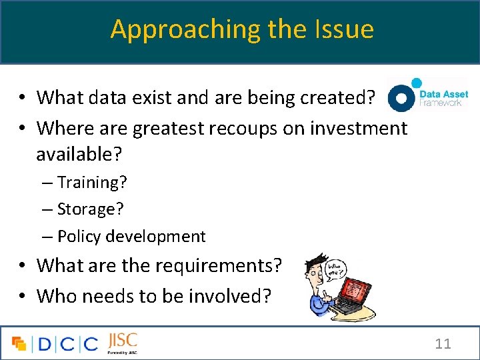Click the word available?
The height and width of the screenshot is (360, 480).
click(x=79, y=154)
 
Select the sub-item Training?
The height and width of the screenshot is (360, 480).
click(x=91, y=181)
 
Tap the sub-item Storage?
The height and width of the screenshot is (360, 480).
click(x=90, y=209)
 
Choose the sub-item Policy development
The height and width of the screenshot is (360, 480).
click(x=131, y=236)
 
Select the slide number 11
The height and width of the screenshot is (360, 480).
click(x=443, y=344)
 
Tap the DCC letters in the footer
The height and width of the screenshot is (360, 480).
click(x=67, y=344)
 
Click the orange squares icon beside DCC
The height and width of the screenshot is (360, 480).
click(x=19, y=344)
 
